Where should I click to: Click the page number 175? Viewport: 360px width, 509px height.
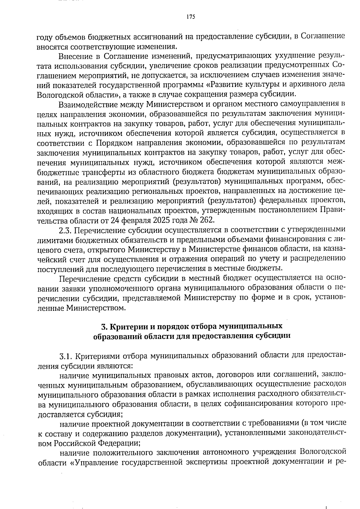coord(190,17)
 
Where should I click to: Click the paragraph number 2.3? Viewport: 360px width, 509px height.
coord(65,230)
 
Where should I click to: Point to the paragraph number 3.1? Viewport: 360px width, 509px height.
coord(66,356)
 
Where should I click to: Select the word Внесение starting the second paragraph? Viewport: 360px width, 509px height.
coord(75,56)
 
